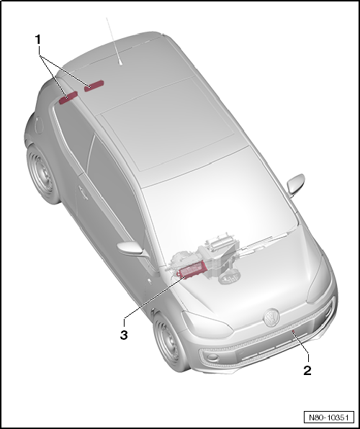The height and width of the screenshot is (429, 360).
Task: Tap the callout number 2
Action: (307, 371)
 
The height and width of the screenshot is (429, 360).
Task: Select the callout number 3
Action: (125, 335)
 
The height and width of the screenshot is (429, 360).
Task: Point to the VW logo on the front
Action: (272, 315)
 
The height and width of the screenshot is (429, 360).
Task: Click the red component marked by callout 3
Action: (193, 271)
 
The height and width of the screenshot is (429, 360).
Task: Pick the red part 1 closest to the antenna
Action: (94, 86)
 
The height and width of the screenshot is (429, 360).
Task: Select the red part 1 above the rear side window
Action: (69, 96)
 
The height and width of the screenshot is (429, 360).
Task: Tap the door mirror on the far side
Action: (296, 184)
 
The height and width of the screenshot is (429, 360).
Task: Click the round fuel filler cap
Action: (82, 193)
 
